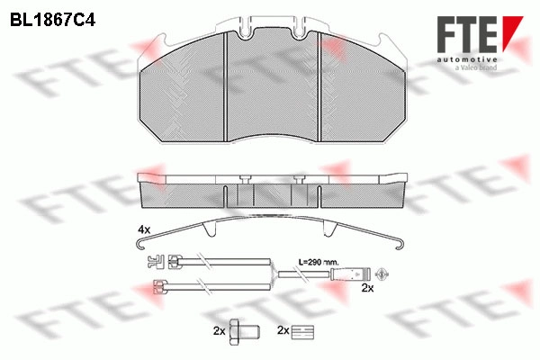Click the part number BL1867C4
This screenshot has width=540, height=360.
pyautogui.click(x=52, y=20)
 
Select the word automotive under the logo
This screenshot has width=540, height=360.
pyautogui.click(x=467, y=60)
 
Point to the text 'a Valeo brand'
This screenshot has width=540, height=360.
pyautogui.click(x=476, y=67)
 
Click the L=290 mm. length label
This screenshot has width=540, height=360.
pyautogui.click(x=319, y=262)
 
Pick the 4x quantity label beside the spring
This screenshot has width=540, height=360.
pyautogui.click(x=144, y=229)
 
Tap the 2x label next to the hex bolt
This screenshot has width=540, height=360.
pyautogui.click(x=219, y=331)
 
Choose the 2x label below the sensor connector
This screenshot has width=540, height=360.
pyautogui.click(x=367, y=288)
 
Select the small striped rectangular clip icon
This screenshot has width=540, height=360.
pyautogui.click(x=302, y=332)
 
